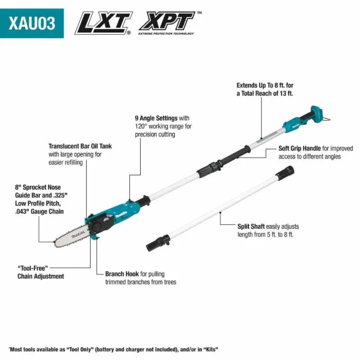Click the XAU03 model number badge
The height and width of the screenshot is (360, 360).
(32, 23)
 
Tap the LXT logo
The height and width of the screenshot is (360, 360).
(103, 23)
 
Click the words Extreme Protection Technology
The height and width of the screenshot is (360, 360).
(166, 33)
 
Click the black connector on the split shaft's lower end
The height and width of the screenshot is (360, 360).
(158, 243)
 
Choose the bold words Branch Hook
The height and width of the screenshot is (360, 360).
(122, 274)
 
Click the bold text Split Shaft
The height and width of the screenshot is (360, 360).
(251, 226)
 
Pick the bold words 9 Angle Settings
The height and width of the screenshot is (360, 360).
(156, 118)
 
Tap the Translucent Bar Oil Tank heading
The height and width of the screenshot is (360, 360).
(80, 146)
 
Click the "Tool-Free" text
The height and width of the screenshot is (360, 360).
(32, 268)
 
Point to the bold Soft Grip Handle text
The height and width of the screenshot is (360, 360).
(300, 148)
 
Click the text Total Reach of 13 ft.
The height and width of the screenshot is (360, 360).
(267, 93)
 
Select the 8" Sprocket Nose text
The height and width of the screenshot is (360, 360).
(38, 187)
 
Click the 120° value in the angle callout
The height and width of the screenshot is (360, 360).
(141, 126)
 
